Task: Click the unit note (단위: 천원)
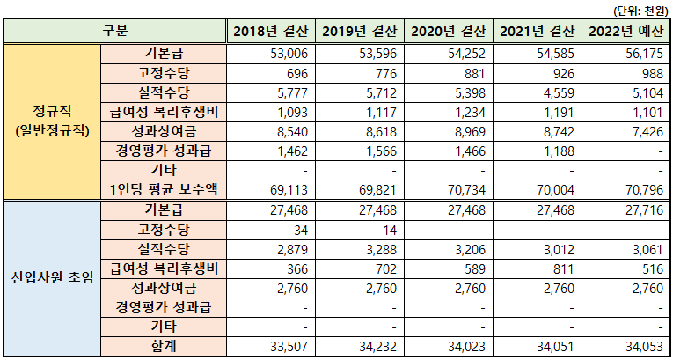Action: pyautogui.click(x=640, y=9)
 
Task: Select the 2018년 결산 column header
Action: pyautogui.click(x=270, y=32)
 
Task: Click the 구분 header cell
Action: pyautogui.click(x=115, y=32)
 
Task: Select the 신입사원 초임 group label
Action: pyautogui.click(x=52, y=279)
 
